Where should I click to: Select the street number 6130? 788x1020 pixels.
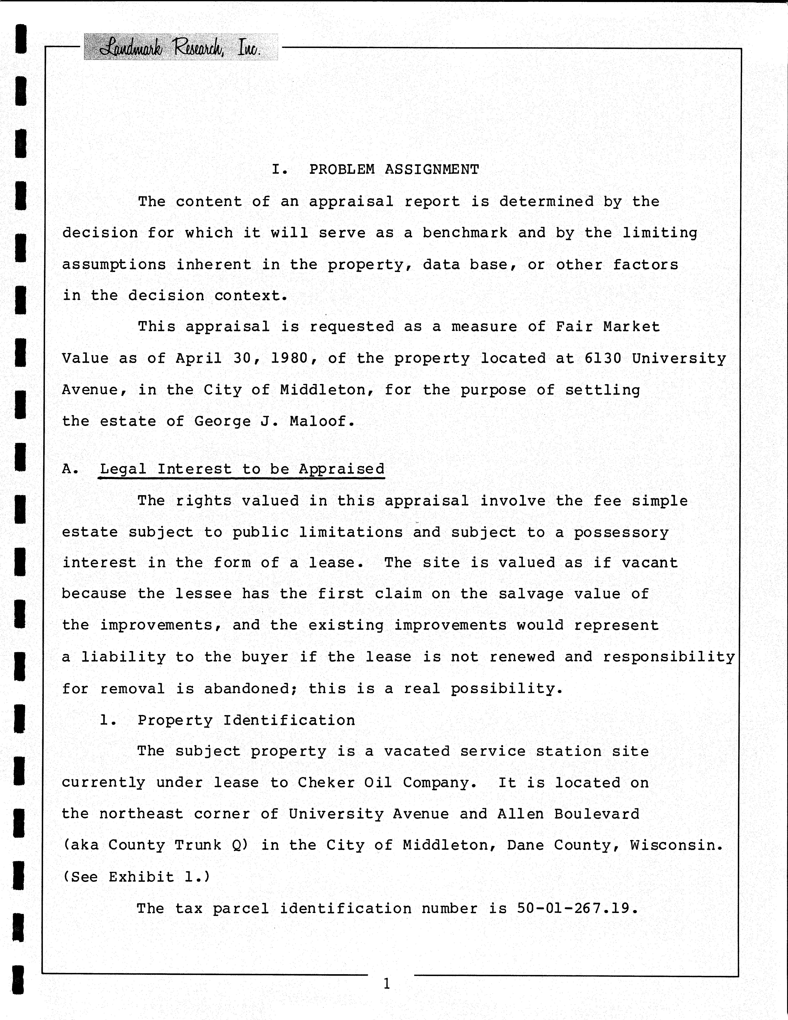pyautogui.click(x=602, y=358)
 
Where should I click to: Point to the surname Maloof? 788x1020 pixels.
pyautogui.click(x=318, y=421)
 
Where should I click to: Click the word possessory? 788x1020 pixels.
pyautogui.click(x=621, y=532)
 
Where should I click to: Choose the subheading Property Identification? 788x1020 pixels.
pyautogui.click(x=246, y=720)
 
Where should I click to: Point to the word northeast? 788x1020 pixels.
pyautogui.click(x=141, y=814)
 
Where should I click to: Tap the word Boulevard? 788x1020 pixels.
pyautogui.click(x=596, y=814)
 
